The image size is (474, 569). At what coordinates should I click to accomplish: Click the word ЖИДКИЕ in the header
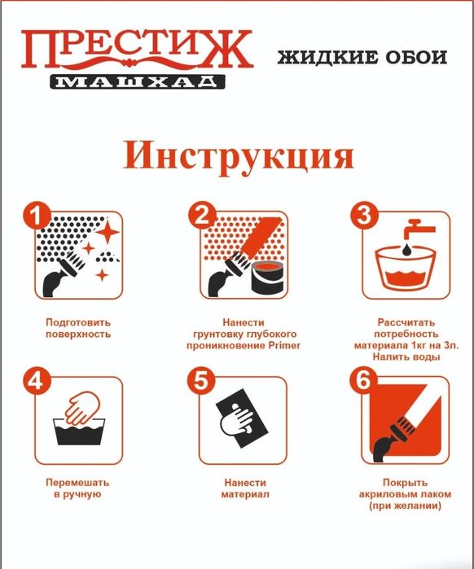coord(323,58)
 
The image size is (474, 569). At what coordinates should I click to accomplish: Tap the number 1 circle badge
coord(33,216)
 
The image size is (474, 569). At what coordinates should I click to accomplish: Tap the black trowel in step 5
coord(245,423)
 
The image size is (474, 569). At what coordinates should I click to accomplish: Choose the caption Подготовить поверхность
coord(77,328)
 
